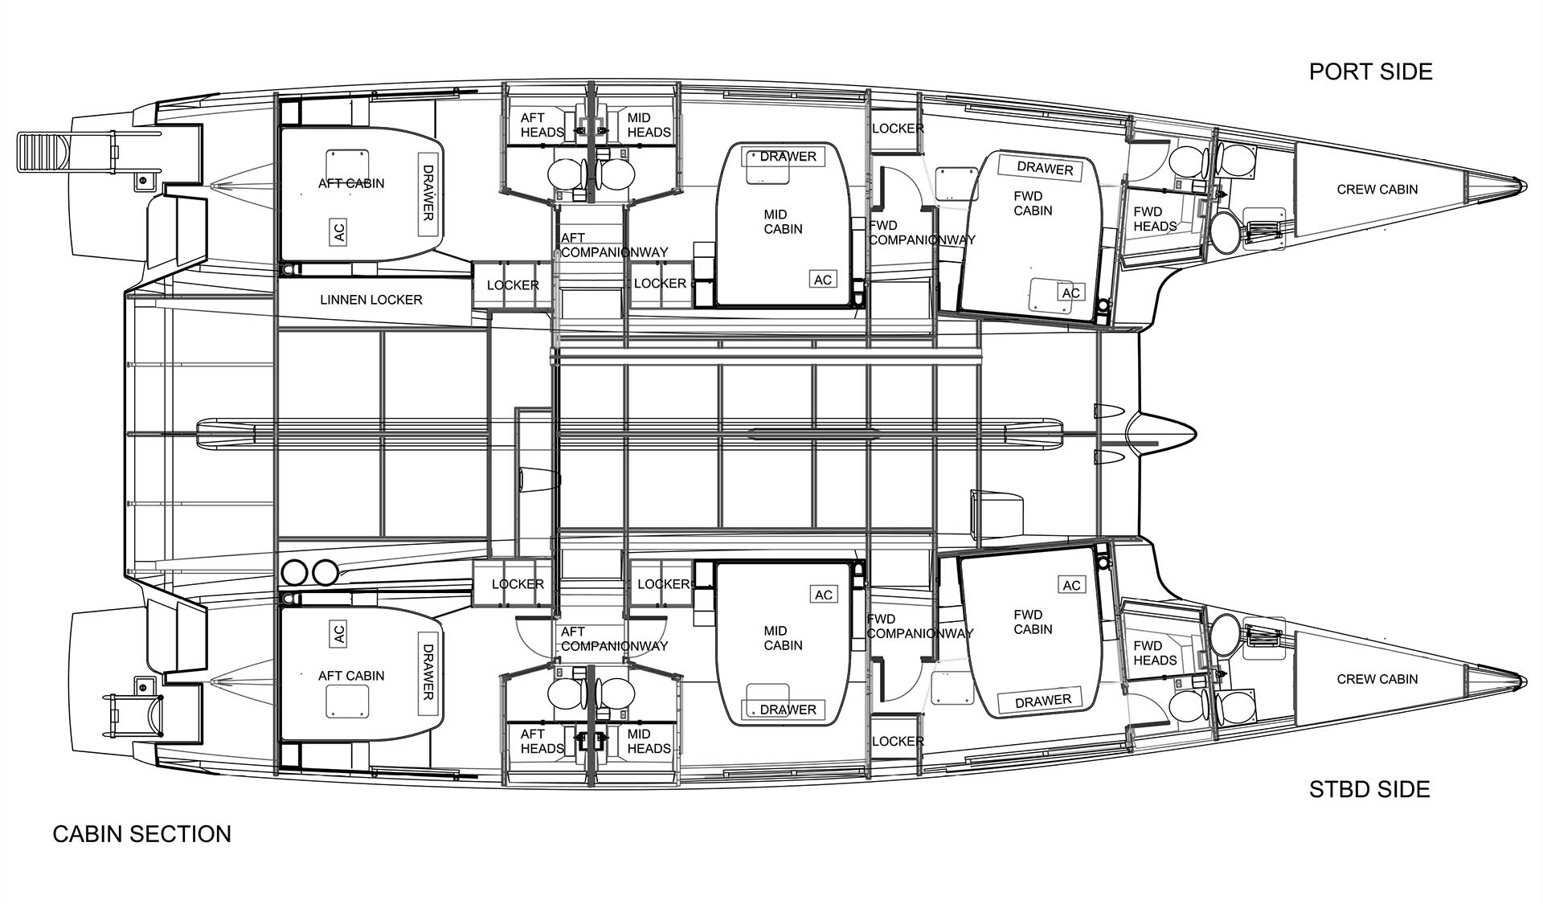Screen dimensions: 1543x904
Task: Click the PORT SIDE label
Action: click(x=1370, y=72)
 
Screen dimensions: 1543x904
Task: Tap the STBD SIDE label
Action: click(x=1369, y=789)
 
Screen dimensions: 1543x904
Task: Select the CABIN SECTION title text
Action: click(x=142, y=834)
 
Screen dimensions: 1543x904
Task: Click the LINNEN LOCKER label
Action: click(x=370, y=300)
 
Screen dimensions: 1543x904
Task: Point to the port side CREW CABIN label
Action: click(x=1377, y=190)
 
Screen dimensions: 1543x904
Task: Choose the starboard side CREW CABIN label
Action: click(x=1377, y=679)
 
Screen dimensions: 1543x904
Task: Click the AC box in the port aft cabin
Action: click(x=338, y=231)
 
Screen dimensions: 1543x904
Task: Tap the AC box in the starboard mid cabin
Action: click(x=824, y=595)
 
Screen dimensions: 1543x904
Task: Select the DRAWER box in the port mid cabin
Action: click(x=788, y=157)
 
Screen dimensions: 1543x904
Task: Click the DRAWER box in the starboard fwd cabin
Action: click(x=1043, y=702)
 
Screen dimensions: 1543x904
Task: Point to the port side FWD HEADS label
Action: click(x=1155, y=219)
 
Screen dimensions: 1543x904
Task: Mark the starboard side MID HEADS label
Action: click(x=649, y=742)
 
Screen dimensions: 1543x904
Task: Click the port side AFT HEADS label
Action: click(x=542, y=125)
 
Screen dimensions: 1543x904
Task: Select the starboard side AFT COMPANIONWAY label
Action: click(x=614, y=639)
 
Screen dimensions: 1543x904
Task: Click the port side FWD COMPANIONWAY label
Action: click(x=922, y=233)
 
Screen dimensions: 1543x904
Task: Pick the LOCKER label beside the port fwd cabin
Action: click(x=898, y=129)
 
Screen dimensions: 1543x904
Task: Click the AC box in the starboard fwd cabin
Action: click(x=1071, y=585)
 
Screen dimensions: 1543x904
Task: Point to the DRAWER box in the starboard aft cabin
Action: click(x=428, y=672)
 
